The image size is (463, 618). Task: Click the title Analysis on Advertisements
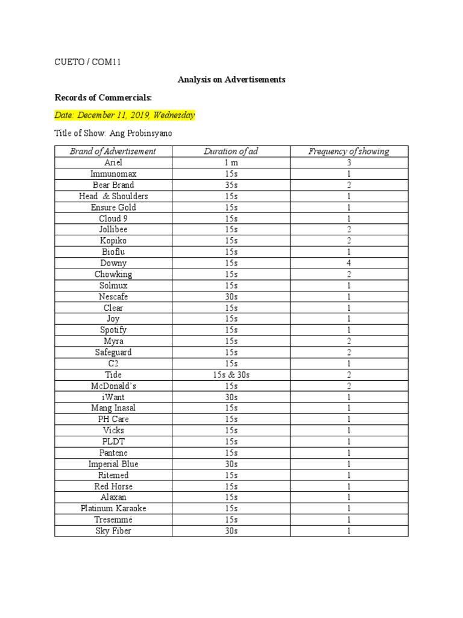(231, 79)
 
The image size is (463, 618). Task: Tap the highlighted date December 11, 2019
(125, 115)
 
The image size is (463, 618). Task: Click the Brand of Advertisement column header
(113, 151)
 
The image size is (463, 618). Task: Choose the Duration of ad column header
(231, 151)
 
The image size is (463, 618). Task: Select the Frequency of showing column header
(348, 151)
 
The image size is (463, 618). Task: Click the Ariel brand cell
(113, 163)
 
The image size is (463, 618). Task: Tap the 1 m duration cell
(231, 163)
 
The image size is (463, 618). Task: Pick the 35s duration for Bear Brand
(231, 185)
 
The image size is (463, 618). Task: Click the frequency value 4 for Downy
(348, 263)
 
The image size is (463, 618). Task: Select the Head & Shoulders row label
(113, 196)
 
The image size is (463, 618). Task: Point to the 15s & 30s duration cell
(231, 375)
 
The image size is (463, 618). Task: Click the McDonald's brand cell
(113, 386)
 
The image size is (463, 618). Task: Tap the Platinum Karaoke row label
(113, 509)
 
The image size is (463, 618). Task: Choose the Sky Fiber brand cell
(113, 531)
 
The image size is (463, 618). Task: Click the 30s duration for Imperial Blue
(231, 464)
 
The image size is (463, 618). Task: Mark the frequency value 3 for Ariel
(348, 163)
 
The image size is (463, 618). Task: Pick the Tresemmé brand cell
(113, 520)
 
